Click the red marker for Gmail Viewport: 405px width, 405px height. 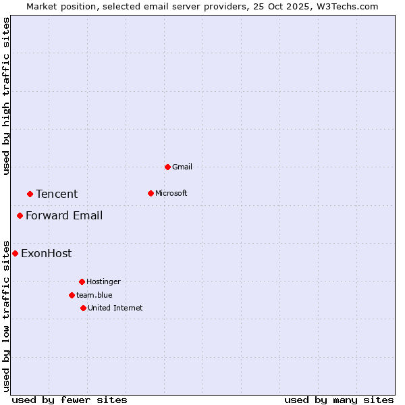coord(167,167)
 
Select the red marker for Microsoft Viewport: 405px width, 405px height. coord(151,193)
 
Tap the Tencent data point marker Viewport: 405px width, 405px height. coord(30,194)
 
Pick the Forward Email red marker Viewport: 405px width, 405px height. coord(20,215)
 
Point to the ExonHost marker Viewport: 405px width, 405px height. coord(15,253)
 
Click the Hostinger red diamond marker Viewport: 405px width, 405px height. coord(82,281)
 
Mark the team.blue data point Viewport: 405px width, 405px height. coord(72,295)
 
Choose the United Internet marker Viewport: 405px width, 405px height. coord(83,308)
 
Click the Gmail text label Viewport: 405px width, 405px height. coord(182,167)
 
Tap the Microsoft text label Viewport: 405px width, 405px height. coord(171,193)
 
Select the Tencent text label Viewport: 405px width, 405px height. coord(57,194)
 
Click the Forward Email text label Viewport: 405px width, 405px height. coord(64,215)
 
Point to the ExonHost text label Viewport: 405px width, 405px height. coord(46,253)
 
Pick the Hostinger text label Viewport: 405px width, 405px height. coord(103,281)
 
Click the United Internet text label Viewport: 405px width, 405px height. coord(115,308)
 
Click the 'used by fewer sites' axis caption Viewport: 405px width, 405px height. coord(70,400)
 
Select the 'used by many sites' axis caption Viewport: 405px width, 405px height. coord(339,400)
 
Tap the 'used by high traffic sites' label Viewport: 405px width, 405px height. coord(6,96)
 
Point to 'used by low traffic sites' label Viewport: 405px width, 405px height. coord(6,316)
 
